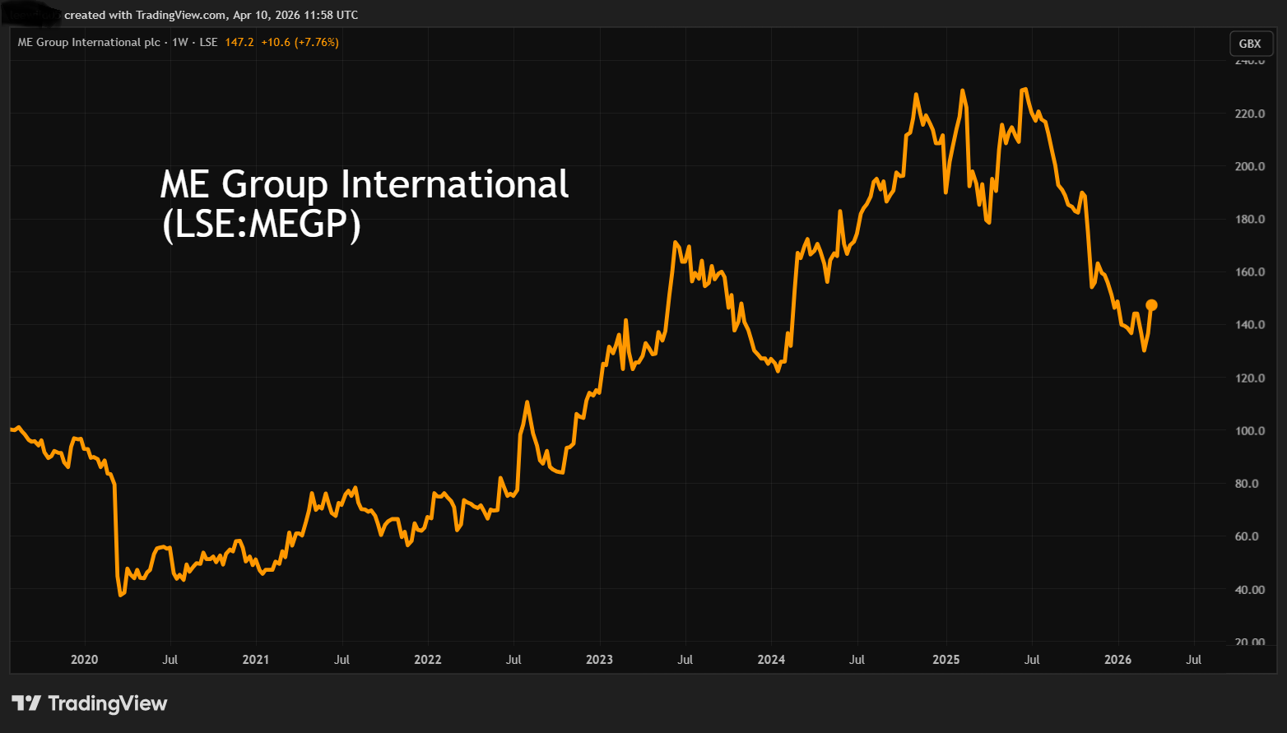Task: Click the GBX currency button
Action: (x=1249, y=44)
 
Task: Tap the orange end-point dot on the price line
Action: (x=1151, y=305)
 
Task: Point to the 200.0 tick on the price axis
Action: (x=1249, y=166)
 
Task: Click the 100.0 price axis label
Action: (x=1249, y=431)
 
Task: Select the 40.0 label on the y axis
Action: (x=1249, y=590)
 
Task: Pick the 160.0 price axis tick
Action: (x=1249, y=272)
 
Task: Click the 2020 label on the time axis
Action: (x=84, y=660)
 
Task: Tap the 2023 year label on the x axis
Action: (x=599, y=660)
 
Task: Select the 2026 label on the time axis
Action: (x=1117, y=660)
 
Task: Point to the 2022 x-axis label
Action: (x=427, y=660)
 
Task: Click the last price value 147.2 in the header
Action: (x=239, y=42)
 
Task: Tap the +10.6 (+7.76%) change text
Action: (x=300, y=42)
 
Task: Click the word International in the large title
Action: (x=454, y=184)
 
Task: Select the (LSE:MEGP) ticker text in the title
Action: (x=262, y=224)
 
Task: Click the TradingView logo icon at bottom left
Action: (x=26, y=703)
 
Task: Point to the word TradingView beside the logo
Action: (x=108, y=703)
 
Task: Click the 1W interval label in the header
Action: (x=180, y=42)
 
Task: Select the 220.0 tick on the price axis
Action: (x=1249, y=114)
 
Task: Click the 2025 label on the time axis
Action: (x=946, y=660)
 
